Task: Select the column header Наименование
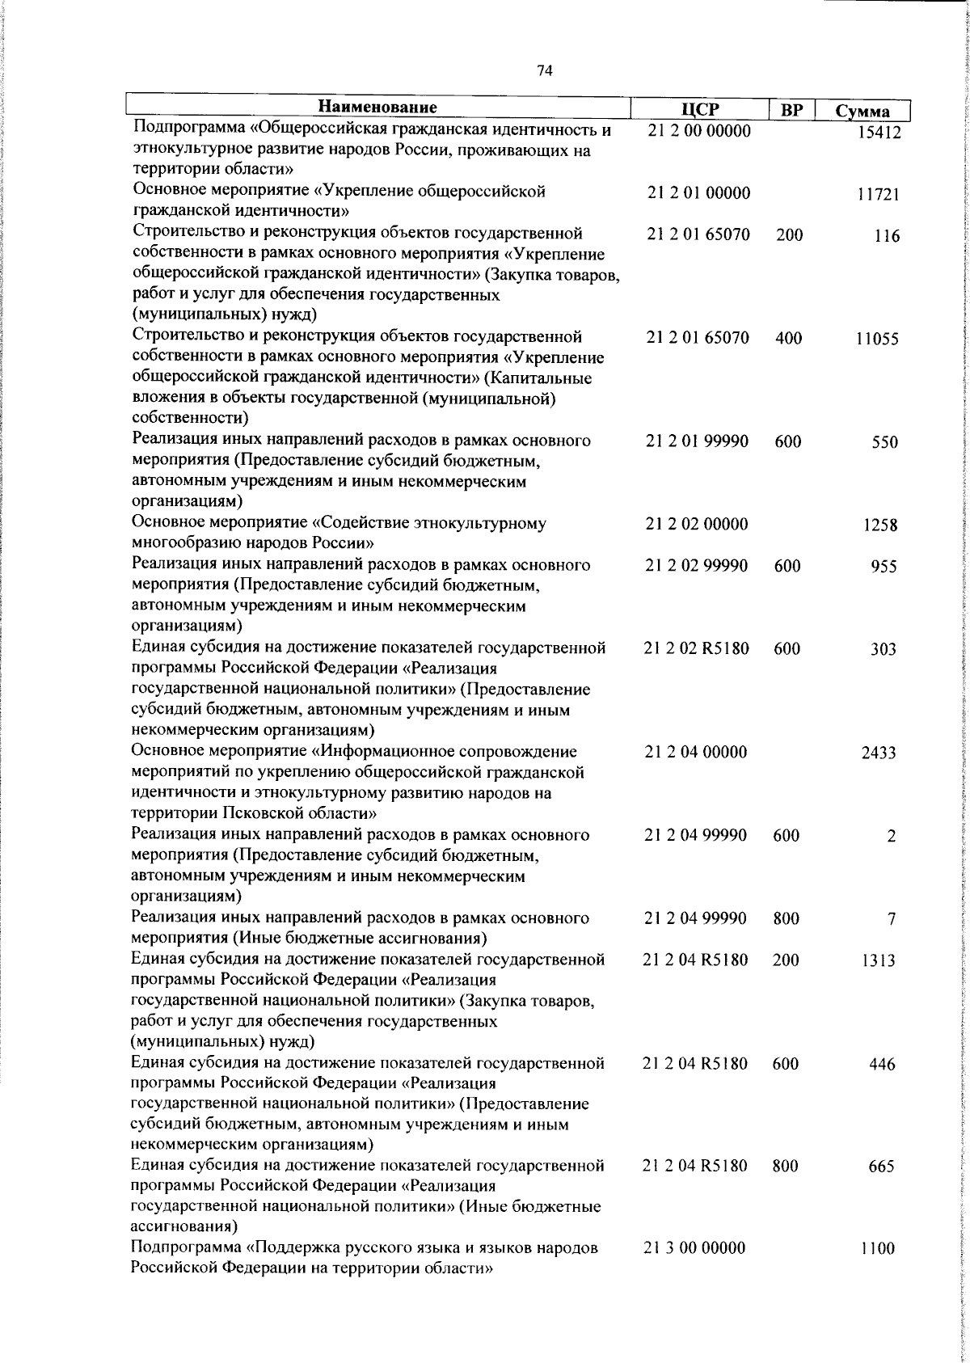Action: (x=377, y=108)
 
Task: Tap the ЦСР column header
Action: (x=699, y=110)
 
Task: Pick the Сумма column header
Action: (x=862, y=112)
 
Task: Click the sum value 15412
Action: (x=879, y=133)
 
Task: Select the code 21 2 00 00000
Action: (x=699, y=131)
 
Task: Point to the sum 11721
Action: (x=878, y=195)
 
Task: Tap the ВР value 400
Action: (x=788, y=339)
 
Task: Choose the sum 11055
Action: (x=877, y=340)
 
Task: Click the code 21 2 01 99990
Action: (x=698, y=441)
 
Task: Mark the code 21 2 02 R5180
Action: (x=697, y=648)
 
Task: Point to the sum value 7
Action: (x=891, y=919)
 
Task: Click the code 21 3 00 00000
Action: (x=695, y=1248)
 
